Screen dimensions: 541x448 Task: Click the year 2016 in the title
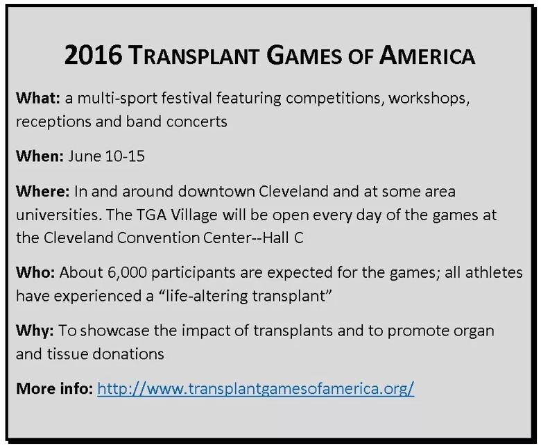(x=93, y=55)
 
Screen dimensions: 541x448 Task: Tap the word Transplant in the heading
(x=195, y=56)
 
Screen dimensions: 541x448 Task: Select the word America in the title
(x=427, y=56)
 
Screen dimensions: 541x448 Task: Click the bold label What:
(x=38, y=98)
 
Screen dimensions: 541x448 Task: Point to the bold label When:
(x=40, y=156)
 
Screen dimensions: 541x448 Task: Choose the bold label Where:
(x=43, y=191)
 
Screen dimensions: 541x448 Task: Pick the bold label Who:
(x=35, y=272)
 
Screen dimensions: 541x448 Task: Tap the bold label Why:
(x=35, y=331)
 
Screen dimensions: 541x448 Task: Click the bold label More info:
(x=54, y=388)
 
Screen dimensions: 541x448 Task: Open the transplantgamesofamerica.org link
(x=256, y=389)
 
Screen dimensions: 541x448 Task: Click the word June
(x=85, y=156)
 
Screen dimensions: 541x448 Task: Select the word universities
(x=59, y=215)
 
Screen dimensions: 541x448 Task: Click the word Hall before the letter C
(x=275, y=238)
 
